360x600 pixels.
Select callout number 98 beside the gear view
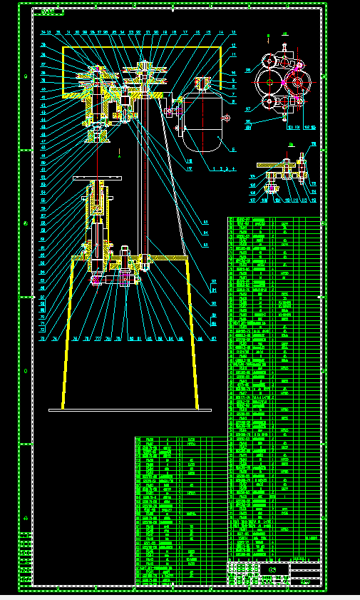coord(248,70)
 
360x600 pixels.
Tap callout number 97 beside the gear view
coord(248,109)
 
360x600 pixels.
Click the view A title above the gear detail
coord(284,34)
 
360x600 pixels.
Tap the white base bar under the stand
coord(130,410)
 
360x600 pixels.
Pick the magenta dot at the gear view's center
coord(283,83)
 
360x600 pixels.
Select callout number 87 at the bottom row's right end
coord(214,339)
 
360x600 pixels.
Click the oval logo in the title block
coord(272,569)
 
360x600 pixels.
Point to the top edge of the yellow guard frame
coord(143,48)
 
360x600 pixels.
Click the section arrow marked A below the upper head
coord(120,152)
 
